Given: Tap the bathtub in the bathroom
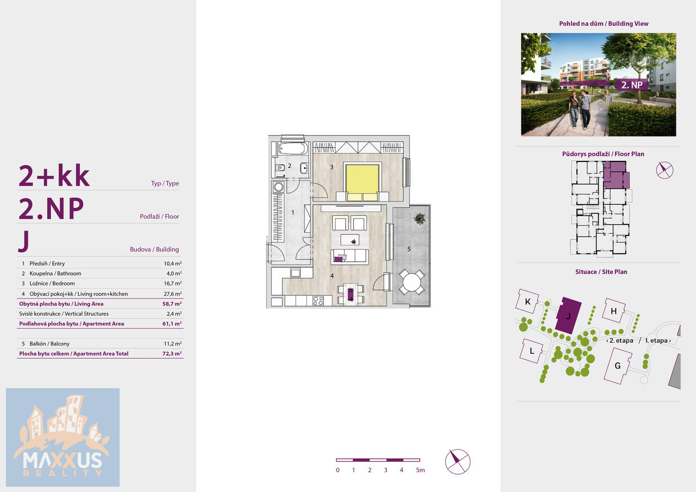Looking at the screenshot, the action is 293,148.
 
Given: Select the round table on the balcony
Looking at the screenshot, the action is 412,283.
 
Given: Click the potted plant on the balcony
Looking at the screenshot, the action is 419,219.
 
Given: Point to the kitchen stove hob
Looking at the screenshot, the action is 318,300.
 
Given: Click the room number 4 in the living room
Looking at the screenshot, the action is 332,276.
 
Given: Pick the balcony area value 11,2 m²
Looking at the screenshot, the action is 173,344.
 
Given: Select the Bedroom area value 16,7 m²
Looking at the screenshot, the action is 173,283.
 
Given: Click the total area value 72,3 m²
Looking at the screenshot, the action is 172,353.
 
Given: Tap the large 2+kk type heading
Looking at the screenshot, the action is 54,176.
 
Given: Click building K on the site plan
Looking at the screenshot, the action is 527,301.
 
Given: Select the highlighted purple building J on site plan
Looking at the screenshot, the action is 568,315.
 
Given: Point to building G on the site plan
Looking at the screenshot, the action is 618,365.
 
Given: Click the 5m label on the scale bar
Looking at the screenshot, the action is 420,470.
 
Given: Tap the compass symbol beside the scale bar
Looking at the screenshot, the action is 458,462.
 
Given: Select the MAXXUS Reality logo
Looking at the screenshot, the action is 63,437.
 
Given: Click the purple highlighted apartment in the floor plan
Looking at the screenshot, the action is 617,175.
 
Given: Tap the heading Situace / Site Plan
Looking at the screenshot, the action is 601,272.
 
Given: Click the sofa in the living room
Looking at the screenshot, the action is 350,257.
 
